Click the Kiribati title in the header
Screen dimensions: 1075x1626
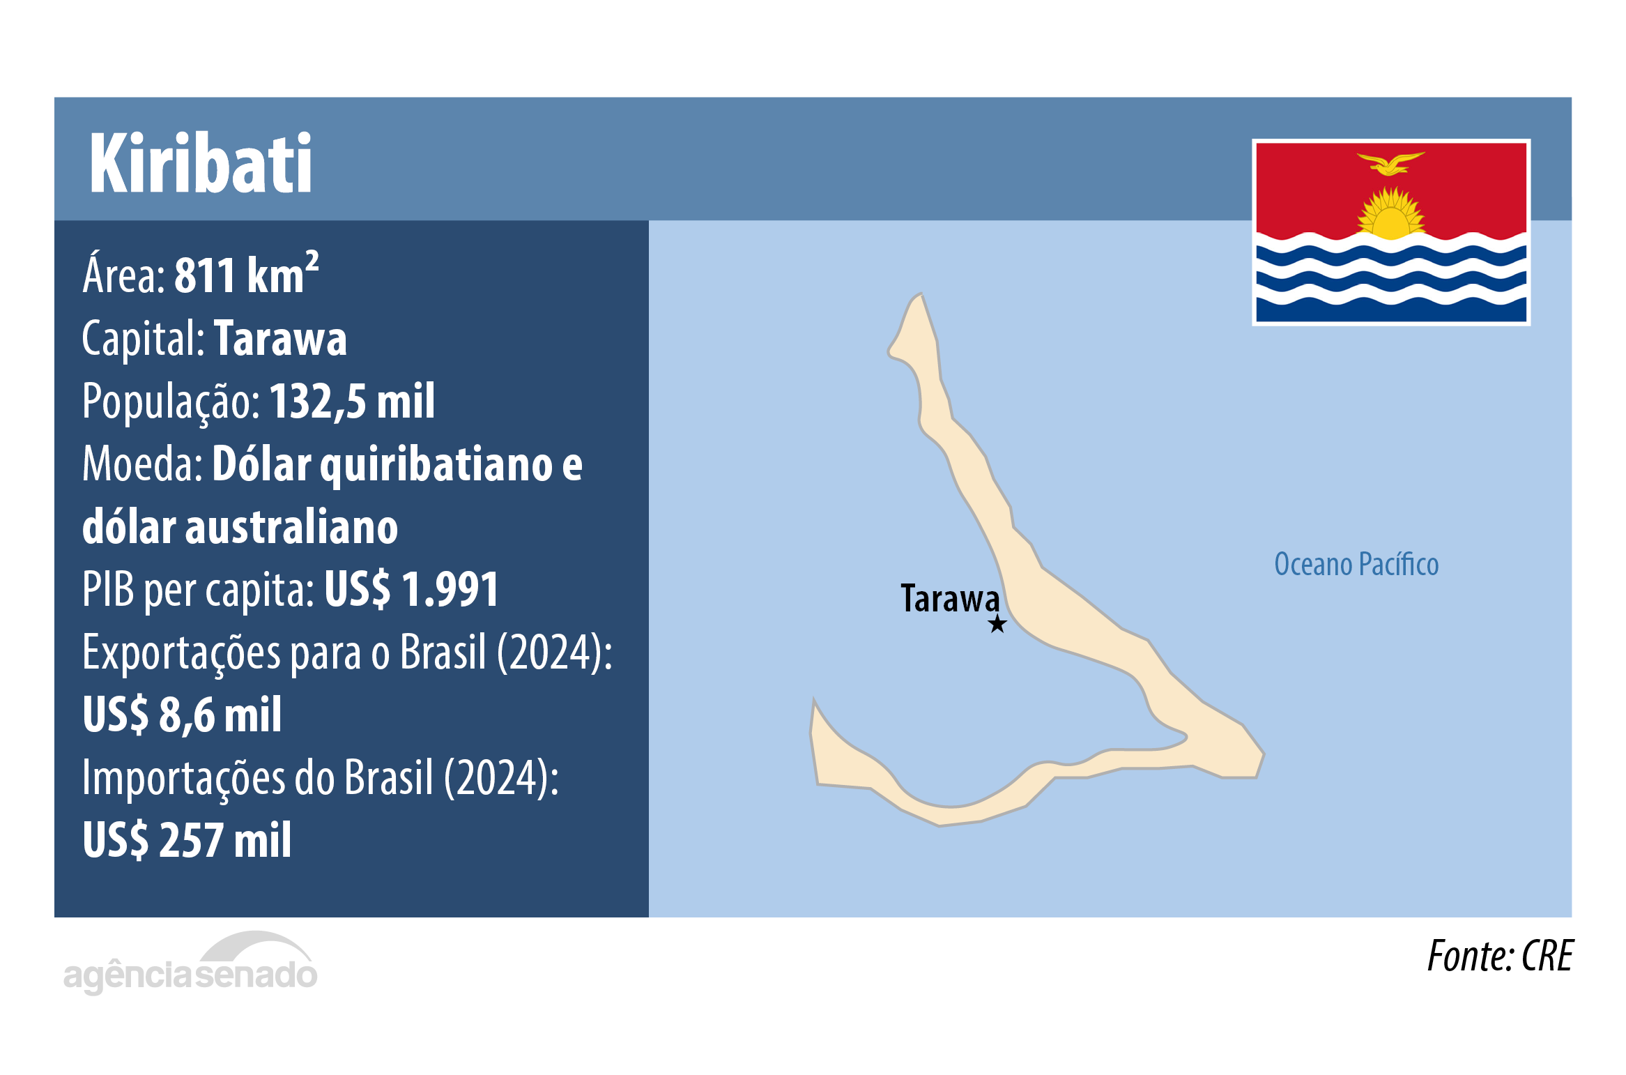pyautogui.click(x=201, y=164)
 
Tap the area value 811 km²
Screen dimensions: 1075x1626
pyautogui.click(x=245, y=275)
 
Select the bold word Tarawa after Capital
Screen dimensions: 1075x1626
pyautogui.click(x=279, y=339)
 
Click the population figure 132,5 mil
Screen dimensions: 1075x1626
pyautogui.click(x=352, y=402)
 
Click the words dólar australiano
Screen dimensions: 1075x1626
pyautogui.click(x=240, y=528)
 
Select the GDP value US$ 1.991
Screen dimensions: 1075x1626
pyautogui.click(x=411, y=590)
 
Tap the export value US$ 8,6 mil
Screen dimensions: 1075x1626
pyautogui.click(x=182, y=715)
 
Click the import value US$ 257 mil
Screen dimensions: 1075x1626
pyautogui.click(x=187, y=840)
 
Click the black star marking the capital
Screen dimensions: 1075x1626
pyautogui.click(x=997, y=624)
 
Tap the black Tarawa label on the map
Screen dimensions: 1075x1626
pyautogui.click(x=949, y=599)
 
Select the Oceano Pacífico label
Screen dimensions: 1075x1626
pyautogui.click(x=1356, y=565)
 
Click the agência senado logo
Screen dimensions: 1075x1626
pyautogui.click(x=190, y=965)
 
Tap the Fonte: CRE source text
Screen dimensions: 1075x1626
pyautogui.click(x=1499, y=956)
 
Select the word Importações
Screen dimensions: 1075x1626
pyautogui.click(x=183, y=778)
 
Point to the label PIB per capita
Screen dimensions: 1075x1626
pyautogui.click(x=198, y=590)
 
